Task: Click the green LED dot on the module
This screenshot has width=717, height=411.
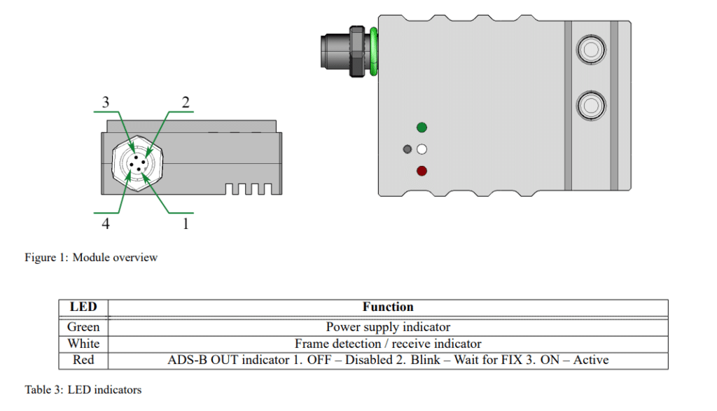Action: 422,127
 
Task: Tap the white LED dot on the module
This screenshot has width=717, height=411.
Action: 422,149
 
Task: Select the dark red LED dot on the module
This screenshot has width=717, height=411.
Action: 422,171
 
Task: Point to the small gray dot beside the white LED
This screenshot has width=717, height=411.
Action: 408,149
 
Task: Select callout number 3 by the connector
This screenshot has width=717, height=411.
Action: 106,102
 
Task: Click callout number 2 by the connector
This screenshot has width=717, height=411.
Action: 186,102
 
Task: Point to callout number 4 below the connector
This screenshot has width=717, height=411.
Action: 106,224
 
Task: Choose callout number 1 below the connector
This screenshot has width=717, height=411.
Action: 186,224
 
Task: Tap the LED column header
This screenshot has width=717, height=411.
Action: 83,307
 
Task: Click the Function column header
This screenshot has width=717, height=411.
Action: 388,307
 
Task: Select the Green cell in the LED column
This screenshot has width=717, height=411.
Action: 83,327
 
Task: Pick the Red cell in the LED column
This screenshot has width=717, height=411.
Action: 83,361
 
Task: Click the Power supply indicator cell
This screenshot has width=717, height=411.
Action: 388,327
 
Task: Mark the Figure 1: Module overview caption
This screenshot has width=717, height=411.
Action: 91,258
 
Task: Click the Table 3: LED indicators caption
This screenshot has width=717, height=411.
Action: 83,389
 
